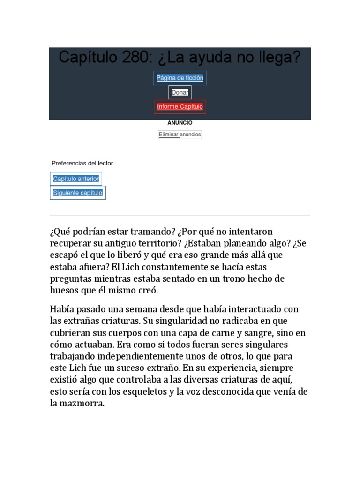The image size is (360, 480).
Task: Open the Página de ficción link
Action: click(x=180, y=78)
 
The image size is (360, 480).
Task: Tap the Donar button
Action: click(x=180, y=92)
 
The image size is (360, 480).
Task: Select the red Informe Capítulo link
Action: click(x=180, y=107)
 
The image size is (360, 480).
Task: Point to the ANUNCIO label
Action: click(x=180, y=123)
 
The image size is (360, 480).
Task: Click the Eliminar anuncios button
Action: click(x=180, y=135)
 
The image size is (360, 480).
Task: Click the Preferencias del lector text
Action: click(x=82, y=164)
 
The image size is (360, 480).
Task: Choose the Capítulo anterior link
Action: click(x=76, y=179)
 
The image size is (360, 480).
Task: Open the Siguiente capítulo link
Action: click(x=78, y=193)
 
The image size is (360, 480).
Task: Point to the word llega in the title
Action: click(x=277, y=58)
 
